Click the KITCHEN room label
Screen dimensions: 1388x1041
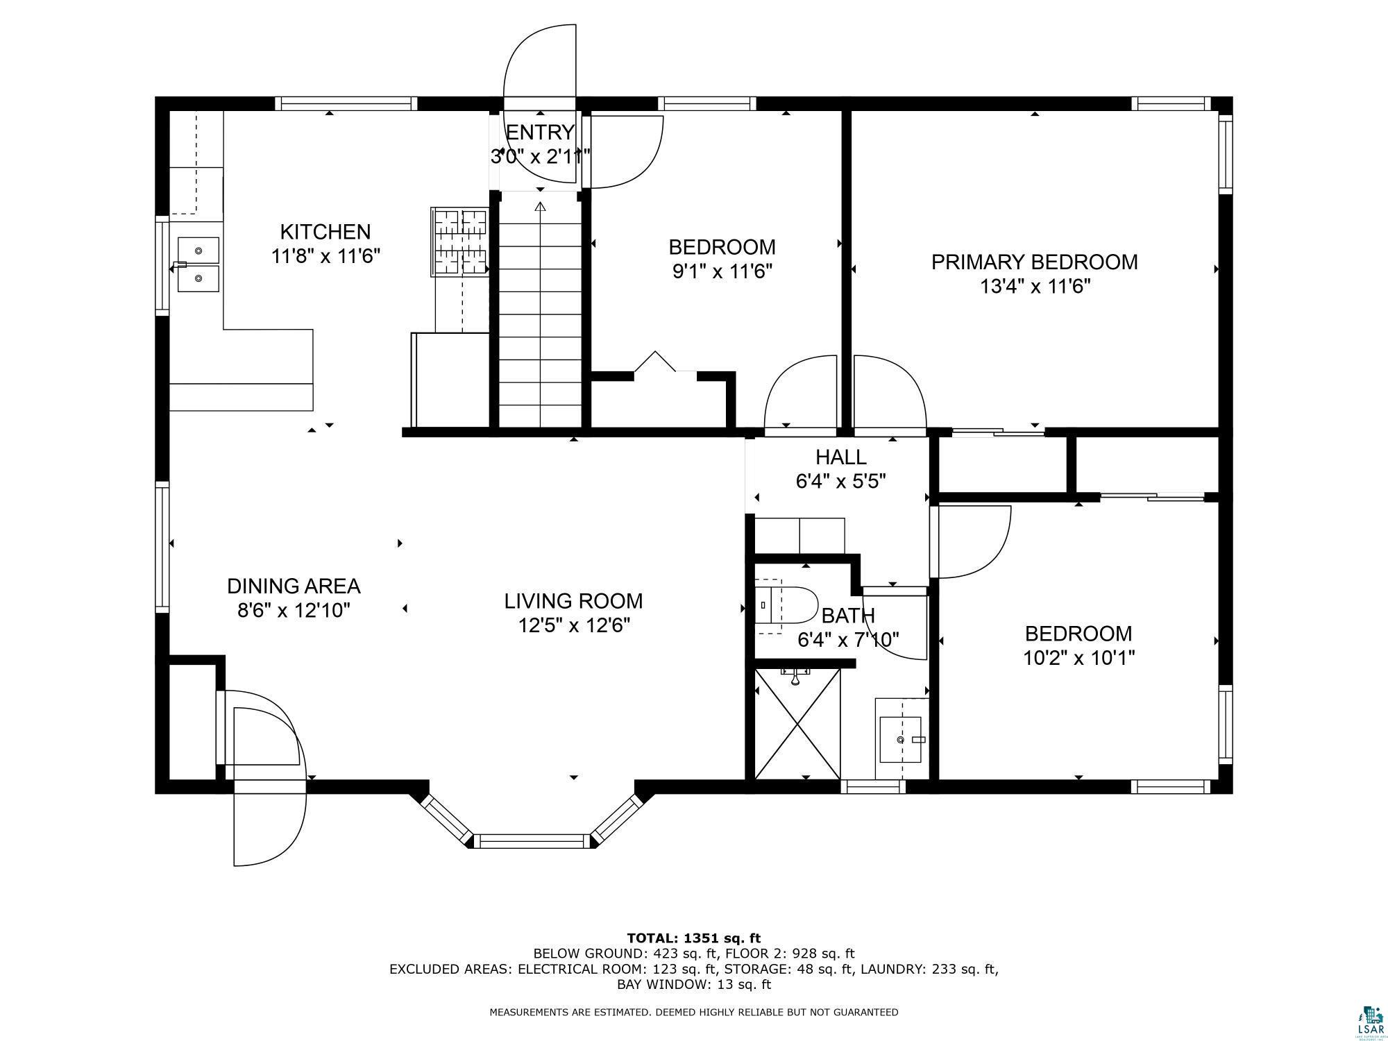[x=325, y=232]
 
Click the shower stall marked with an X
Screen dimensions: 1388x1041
[x=797, y=723]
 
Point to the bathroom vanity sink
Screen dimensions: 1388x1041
[x=901, y=740]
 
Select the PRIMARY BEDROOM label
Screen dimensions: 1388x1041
[x=1034, y=262]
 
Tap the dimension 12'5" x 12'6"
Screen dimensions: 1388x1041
[x=574, y=626]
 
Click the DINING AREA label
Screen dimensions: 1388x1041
[x=294, y=586]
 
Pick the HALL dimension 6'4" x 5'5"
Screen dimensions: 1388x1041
[x=841, y=481]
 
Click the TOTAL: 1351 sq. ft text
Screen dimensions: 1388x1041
[x=694, y=939]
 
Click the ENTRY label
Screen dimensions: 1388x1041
[x=540, y=132]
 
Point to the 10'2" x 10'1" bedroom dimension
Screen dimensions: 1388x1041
[x=1078, y=657]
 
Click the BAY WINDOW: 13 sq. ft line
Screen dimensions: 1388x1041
[x=694, y=984]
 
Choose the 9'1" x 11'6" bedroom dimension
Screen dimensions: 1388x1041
[x=722, y=271]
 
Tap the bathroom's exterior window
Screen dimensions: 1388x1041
[x=873, y=786]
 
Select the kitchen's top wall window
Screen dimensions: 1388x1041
[x=346, y=104]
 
